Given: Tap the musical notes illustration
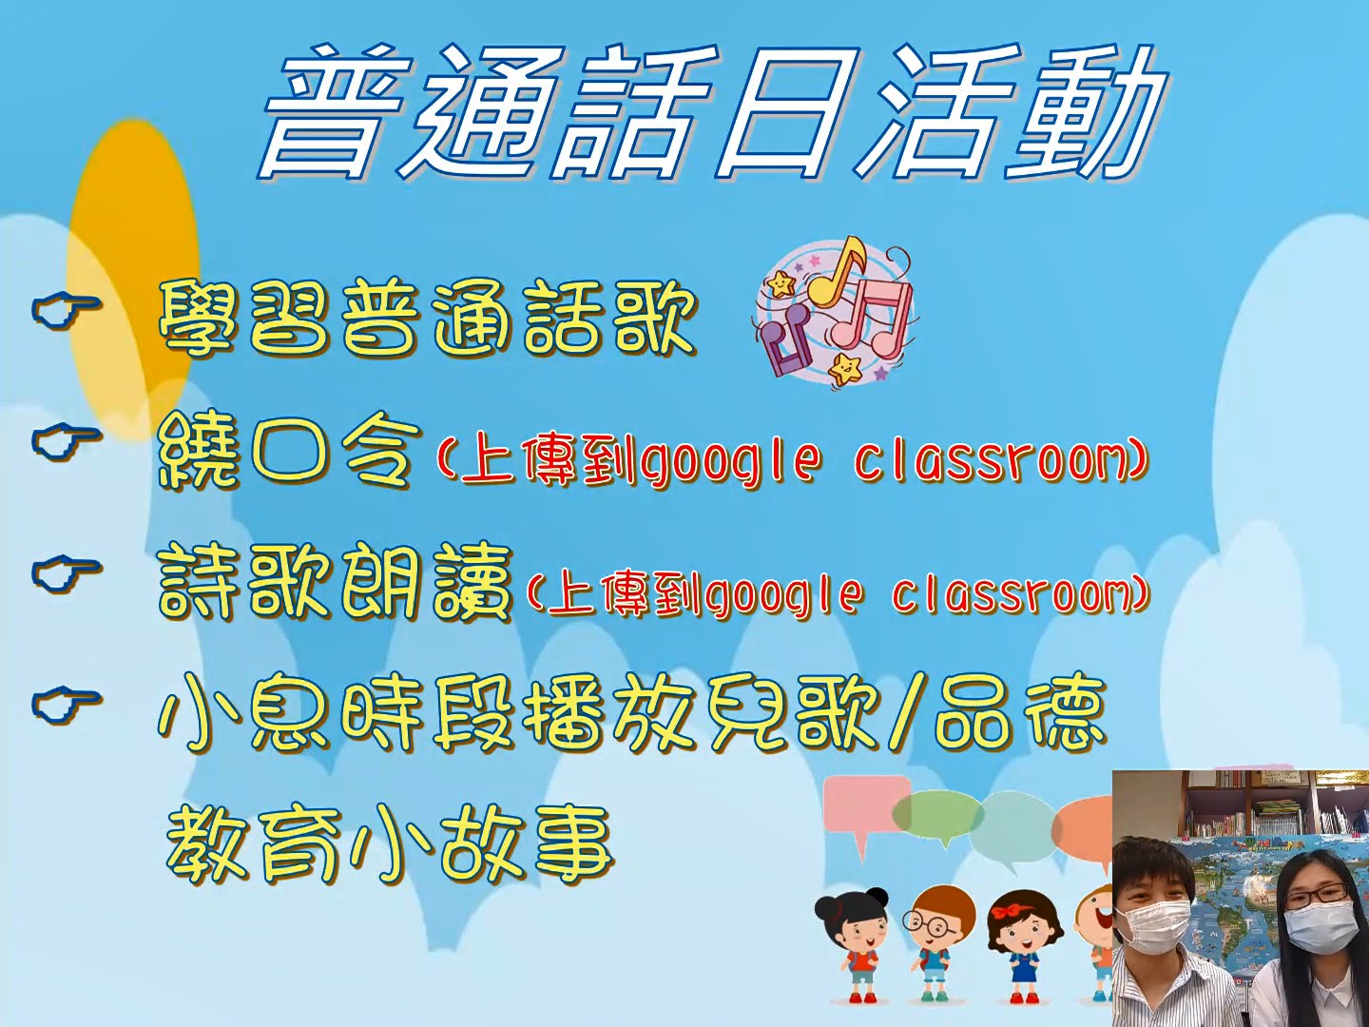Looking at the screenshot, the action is point(835,313).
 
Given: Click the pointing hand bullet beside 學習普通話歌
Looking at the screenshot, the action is point(65,310).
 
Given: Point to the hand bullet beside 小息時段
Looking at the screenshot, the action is point(65,705).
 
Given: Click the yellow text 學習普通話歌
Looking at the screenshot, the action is point(427,318).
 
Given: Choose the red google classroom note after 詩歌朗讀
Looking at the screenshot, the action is point(836,594).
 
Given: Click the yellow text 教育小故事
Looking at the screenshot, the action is point(390,845).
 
